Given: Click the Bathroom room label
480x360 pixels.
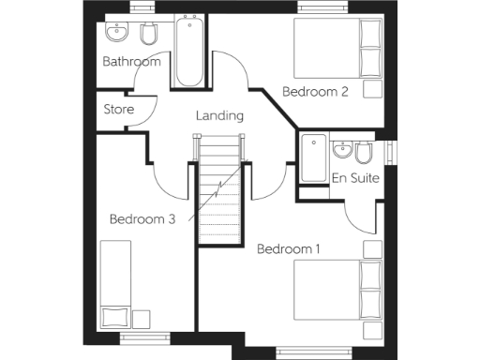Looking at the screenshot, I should [x=131, y=62].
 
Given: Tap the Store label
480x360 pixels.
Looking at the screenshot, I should [x=119, y=110].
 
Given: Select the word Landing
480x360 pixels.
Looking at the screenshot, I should [x=219, y=116].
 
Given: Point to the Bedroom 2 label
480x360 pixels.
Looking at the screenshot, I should [x=316, y=92].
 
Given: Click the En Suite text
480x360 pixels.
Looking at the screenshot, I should [x=355, y=177].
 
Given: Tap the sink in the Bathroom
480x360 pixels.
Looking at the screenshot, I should [x=118, y=33].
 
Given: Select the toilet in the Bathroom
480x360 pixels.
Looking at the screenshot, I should [x=147, y=35].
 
